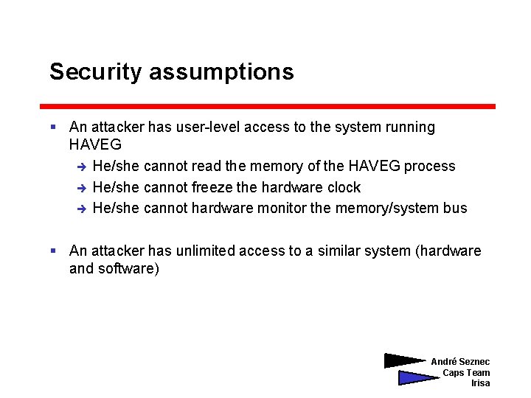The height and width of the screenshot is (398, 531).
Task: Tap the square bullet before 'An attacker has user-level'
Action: [x=53, y=128]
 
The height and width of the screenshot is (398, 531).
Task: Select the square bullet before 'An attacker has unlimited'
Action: [x=53, y=251]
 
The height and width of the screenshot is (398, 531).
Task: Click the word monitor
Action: [x=282, y=208]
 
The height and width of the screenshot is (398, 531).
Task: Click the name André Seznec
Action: [x=460, y=362]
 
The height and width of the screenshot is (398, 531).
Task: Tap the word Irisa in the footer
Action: [x=480, y=383]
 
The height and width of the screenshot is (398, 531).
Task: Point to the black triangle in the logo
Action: [x=402, y=361]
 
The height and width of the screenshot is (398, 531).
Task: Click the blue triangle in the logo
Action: [x=414, y=378]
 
